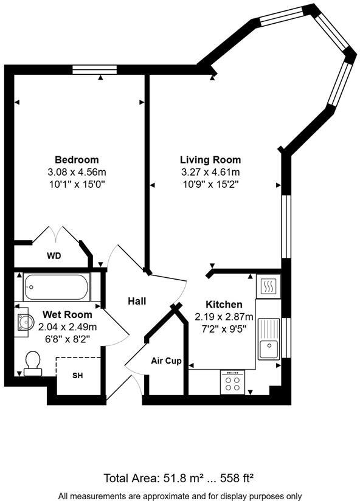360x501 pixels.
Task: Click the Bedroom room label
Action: click(77, 160)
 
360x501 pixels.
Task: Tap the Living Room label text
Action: click(210, 160)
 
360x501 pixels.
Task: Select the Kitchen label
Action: click(224, 305)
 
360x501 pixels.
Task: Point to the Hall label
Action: click(137, 301)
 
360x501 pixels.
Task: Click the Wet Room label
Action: click(67, 315)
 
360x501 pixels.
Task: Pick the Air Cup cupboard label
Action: click(166, 361)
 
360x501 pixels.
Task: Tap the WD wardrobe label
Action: click(54, 256)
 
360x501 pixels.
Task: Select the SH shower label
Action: click(77, 376)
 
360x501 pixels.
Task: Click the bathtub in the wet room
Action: click(57, 286)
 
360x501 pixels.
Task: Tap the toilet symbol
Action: click(32, 364)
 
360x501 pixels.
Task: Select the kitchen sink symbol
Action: click(268, 339)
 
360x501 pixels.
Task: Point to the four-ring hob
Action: click(232, 382)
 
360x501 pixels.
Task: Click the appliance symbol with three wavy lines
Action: click(268, 285)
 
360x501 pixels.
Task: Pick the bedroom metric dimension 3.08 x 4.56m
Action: click(77, 172)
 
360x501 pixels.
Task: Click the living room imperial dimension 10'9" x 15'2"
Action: click(210, 184)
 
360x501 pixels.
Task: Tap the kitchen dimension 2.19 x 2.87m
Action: click(224, 317)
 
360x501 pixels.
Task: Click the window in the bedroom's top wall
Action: click(94, 69)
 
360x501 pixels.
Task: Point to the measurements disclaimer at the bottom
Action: click(180, 495)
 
